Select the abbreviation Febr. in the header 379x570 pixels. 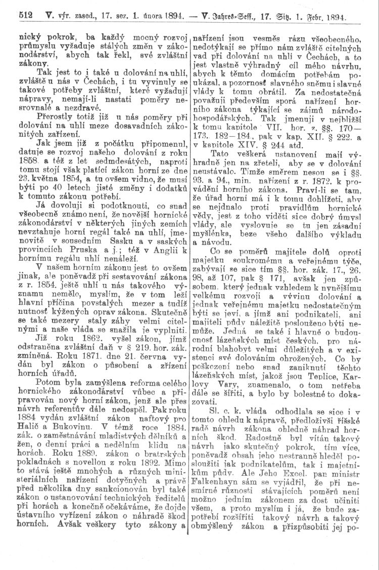(303, 17)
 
